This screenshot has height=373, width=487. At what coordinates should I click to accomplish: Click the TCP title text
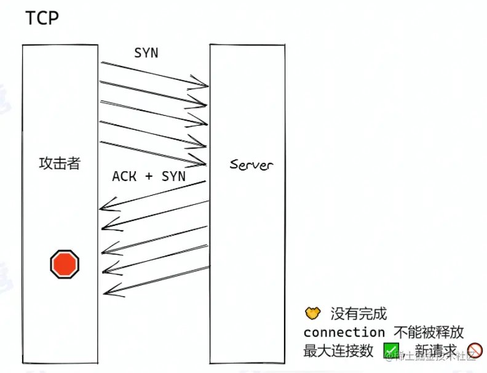[x=42, y=18]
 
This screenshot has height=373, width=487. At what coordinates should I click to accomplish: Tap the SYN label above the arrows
[x=146, y=53]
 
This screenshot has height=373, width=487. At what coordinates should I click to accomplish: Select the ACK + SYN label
[x=148, y=176]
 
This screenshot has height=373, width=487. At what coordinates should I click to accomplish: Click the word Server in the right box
[x=251, y=164]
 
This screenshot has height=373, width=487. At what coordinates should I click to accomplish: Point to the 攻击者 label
[x=60, y=163]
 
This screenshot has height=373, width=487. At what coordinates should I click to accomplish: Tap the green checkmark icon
[x=391, y=350]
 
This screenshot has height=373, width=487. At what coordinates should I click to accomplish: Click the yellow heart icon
[x=313, y=314]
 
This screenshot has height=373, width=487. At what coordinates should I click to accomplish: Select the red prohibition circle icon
[x=474, y=350]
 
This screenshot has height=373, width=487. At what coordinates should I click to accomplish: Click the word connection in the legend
[x=344, y=332]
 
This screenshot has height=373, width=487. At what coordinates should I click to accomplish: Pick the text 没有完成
[x=359, y=314]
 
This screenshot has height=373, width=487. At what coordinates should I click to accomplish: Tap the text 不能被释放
[x=429, y=332]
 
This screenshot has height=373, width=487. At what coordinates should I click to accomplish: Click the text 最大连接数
[x=339, y=350]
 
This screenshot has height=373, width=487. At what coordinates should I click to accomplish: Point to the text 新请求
[x=436, y=350]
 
